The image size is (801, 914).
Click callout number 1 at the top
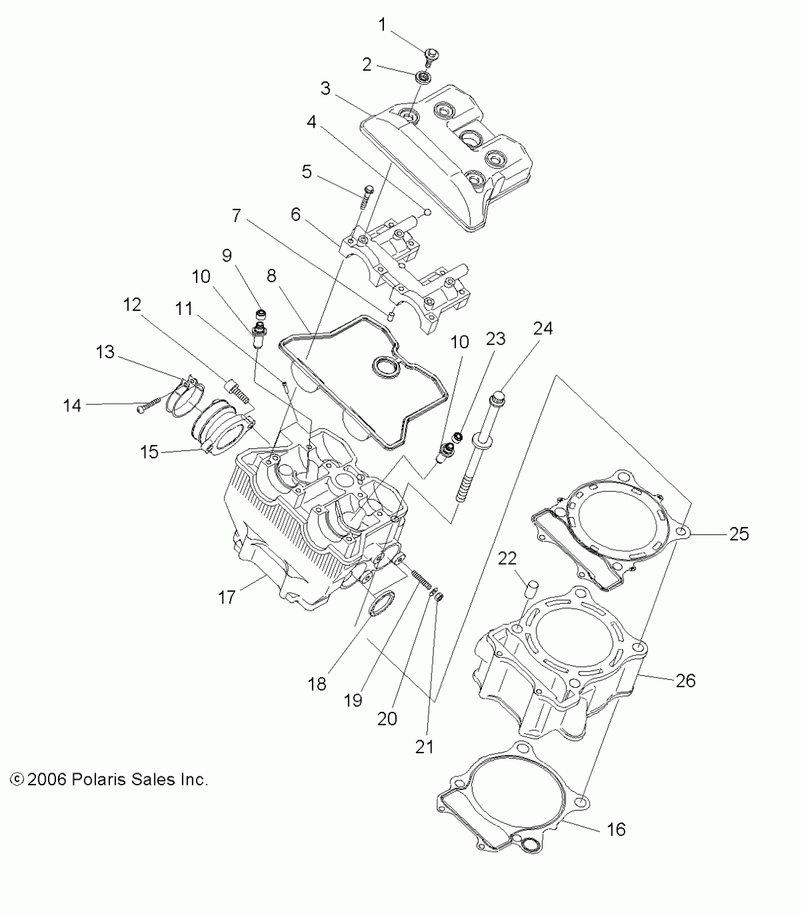[x=382, y=25]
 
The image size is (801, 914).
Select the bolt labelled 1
[x=430, y=57]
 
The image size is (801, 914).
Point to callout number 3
[x=326, y=88]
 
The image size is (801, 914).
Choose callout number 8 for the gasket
[x=271, y=276]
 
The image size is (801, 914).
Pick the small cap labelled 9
[x=260, y=314]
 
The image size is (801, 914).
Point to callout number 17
[x=226, y=597]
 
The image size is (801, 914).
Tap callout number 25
[x=738, y=534]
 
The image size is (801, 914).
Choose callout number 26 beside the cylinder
[x=686, y=681]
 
